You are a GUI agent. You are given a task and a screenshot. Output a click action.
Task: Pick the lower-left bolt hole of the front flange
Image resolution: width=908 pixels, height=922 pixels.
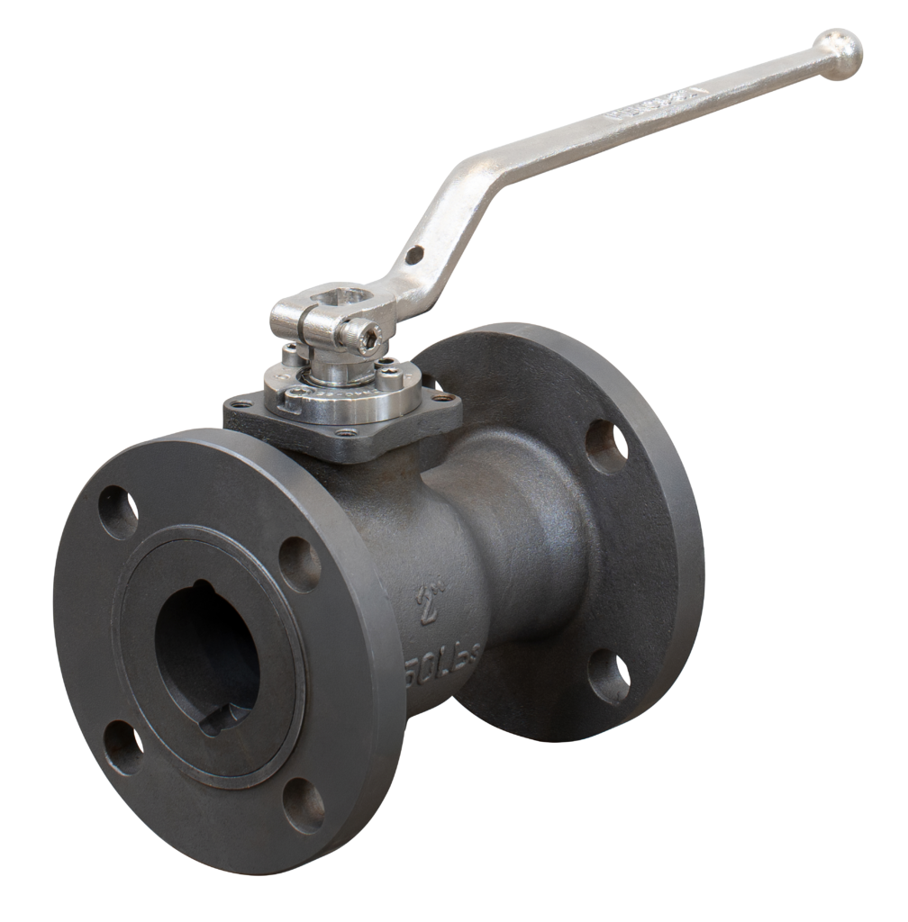[x=122, y=746]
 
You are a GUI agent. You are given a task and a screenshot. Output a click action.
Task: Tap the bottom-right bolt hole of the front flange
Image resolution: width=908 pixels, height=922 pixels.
[x=304, y=803]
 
